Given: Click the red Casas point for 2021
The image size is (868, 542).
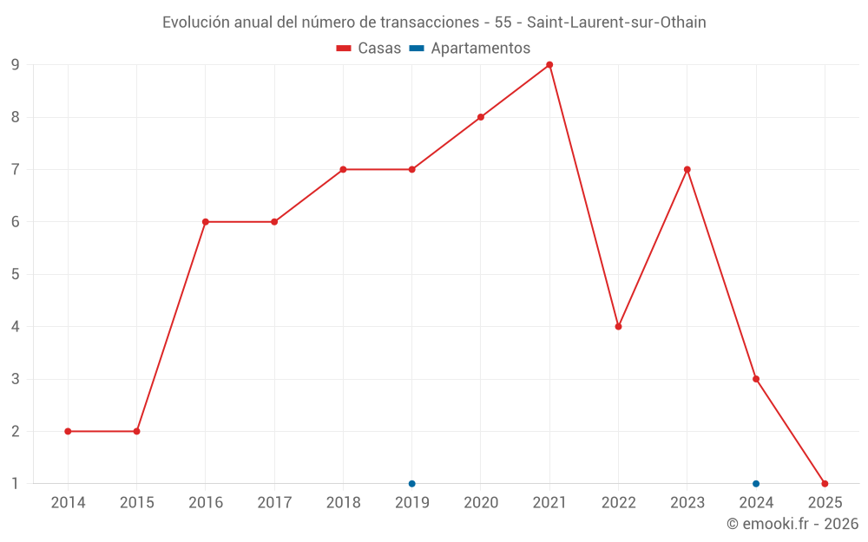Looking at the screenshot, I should [549, 65].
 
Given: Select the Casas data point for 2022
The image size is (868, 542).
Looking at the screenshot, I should [618, 327].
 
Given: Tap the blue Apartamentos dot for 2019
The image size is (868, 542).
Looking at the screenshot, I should [411, 484].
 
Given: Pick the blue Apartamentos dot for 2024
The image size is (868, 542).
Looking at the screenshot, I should [756, 484].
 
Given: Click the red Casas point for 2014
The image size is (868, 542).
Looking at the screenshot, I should [68, 431].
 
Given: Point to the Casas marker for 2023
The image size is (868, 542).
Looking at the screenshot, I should [687, 169].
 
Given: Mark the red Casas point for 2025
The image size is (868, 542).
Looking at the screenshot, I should [825, 484].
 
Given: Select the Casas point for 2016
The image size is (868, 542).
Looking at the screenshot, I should [206, 222].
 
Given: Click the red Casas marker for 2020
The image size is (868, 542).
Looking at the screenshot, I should [481, 117].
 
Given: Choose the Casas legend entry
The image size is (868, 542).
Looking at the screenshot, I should [369, 49].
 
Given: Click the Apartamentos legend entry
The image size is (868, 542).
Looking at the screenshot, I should [470, 49].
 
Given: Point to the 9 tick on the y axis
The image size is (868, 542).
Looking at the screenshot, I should [15, 65].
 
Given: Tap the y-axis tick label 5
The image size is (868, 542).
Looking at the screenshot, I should [15, 274].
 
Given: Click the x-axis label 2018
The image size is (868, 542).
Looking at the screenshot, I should [343, 503].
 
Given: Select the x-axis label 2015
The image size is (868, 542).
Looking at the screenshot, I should [136, 503].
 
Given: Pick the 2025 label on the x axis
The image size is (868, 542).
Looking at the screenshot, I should [825, 503].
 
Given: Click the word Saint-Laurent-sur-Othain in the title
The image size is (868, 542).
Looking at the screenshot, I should [616, 23].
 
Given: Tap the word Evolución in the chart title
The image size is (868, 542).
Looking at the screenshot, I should [196, 23].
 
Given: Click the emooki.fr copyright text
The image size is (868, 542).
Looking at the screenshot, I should [792, 524].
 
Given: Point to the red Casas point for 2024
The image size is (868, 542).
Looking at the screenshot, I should [756, 379].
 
